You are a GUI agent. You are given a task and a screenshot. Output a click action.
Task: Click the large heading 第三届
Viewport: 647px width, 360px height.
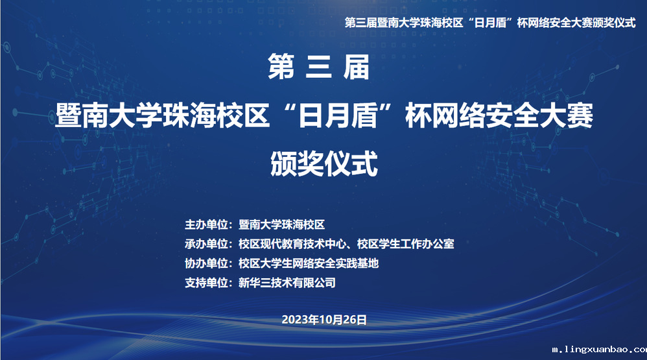coord(318,67)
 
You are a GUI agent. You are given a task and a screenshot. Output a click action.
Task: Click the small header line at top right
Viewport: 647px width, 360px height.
coord(490,23)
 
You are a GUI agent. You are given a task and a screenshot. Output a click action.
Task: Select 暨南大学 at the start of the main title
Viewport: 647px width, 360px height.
coord(108,115)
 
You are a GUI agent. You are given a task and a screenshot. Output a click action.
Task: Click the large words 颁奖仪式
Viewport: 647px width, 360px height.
coord(324,163)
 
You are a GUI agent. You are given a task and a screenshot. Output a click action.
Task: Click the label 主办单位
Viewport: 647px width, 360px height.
coord(206,224)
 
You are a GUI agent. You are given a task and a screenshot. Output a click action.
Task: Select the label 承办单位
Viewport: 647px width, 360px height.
coord(206,244)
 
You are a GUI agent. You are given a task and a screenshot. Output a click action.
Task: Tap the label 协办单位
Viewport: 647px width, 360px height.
coord(206,263)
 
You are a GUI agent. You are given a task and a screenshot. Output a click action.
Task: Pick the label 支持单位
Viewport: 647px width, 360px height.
coord(206,283)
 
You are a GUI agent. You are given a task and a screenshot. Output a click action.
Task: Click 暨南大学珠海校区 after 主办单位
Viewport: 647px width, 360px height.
coord(281,224)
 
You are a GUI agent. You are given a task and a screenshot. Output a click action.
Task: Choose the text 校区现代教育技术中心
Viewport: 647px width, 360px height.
coord(292,244)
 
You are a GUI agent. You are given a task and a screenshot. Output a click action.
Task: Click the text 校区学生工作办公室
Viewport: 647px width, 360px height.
coord(406,244)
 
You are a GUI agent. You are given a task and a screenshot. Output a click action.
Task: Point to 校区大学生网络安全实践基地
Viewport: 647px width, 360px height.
coord(309,263)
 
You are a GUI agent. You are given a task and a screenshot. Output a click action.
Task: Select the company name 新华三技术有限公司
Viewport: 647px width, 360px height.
coord(287,283)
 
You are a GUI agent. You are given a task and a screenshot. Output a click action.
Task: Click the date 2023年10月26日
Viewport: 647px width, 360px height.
coord(324,320)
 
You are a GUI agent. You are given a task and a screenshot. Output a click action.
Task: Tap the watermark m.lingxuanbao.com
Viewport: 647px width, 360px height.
coord(599,350)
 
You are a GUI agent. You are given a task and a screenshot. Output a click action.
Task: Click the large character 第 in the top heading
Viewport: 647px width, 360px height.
coord(281,67)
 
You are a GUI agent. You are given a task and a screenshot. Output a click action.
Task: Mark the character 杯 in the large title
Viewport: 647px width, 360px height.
coord(418,115)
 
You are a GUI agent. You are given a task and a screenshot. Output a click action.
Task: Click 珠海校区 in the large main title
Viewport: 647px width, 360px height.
coord(216,115)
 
